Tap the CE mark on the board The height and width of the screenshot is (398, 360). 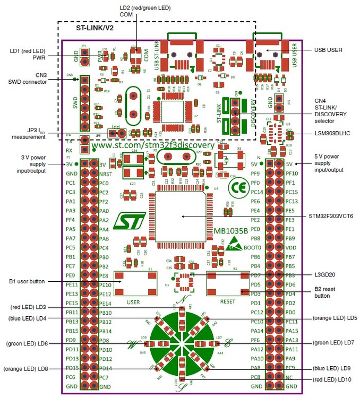[234, 188]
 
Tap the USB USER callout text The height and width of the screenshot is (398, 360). [328, 50]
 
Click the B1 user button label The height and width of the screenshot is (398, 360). [27, 281]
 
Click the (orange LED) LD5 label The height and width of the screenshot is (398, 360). [334, 318]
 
